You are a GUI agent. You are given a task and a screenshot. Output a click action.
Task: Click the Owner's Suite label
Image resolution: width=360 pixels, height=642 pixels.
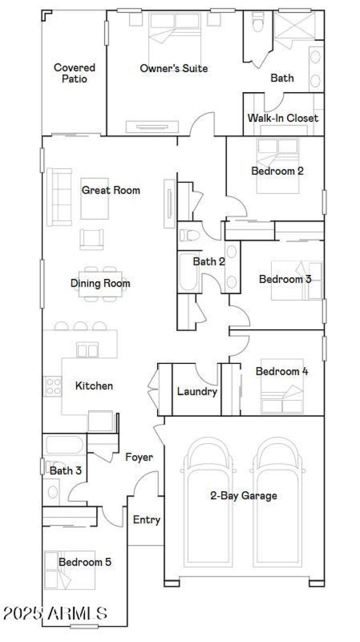[x=174, y=68]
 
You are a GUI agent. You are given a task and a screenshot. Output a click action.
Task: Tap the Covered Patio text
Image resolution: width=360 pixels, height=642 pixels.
[x=74, y=73]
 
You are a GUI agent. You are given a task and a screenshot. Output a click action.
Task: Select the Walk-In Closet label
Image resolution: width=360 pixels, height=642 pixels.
[x=283, y=118]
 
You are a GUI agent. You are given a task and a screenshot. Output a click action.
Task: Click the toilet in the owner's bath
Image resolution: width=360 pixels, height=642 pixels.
[x=258, y=22]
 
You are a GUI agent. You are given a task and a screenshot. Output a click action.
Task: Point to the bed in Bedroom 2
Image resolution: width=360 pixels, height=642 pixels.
[x=278, y=165]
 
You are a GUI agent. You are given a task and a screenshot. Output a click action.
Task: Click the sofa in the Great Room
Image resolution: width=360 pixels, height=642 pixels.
[x=59, y=197]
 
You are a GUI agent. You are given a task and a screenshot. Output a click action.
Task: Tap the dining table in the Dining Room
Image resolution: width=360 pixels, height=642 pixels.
[x=100, y=284]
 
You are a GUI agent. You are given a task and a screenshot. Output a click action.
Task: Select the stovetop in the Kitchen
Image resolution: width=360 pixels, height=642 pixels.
[x=52, y=386]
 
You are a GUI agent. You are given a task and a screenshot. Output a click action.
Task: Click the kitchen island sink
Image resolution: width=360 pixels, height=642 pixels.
[x=87, y=350]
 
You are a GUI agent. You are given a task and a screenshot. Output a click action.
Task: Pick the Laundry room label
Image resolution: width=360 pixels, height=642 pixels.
[x=197, y=391]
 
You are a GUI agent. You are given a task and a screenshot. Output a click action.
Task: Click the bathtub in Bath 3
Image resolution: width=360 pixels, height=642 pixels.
[x=64, y=445]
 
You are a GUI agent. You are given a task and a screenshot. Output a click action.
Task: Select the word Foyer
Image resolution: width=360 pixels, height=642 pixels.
[x=139, y=458]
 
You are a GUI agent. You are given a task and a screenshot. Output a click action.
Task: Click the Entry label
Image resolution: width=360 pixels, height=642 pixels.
[x=147, y=520]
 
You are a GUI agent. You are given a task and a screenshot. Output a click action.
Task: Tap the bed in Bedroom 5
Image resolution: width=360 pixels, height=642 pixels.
[x=70, y=570]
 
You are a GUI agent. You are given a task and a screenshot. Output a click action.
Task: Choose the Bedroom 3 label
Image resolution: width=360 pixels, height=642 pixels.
[x=285, y=279]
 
